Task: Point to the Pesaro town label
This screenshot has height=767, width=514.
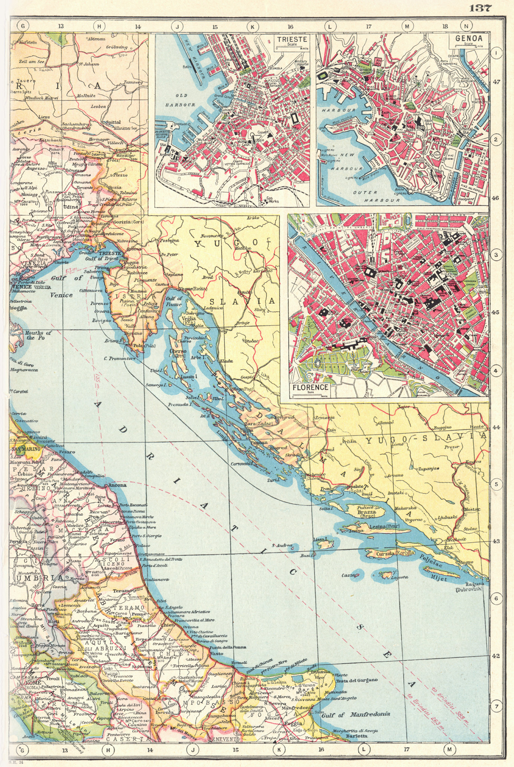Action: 67,452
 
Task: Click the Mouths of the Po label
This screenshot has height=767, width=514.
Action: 37,335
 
